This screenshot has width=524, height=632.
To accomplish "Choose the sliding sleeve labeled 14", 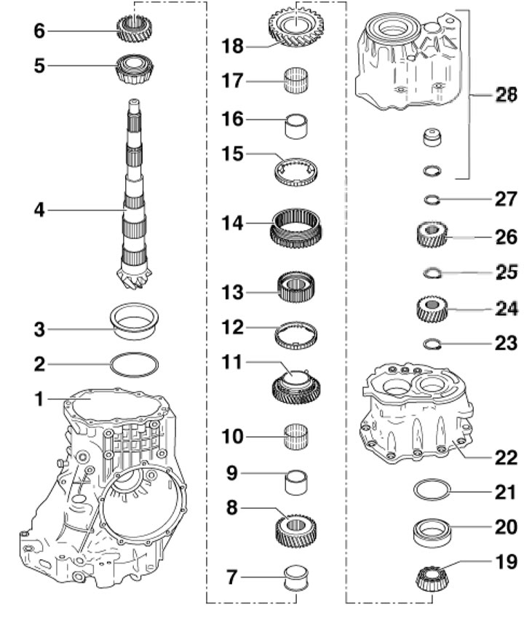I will [296, 226].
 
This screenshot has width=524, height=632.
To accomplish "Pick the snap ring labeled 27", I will [432, 200].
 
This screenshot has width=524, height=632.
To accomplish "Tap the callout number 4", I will [39, 210].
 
